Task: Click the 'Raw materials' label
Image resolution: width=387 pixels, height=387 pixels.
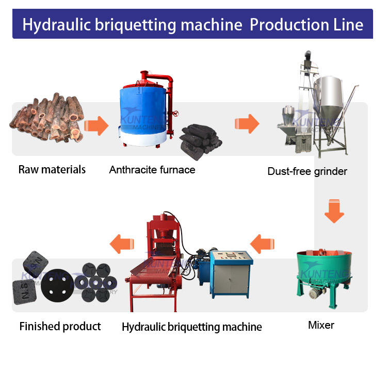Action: [52, 169]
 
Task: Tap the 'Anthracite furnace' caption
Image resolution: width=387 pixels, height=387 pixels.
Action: [152, 169]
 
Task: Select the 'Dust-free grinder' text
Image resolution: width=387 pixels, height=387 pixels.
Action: [307, 171]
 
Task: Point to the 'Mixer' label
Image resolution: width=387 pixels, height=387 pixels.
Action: [321, 325]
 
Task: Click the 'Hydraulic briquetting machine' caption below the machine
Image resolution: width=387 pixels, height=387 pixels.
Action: [191, 327]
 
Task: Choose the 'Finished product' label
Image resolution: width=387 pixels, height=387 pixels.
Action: [60, 326]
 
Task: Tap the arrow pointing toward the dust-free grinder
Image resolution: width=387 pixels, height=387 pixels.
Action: [247, 124]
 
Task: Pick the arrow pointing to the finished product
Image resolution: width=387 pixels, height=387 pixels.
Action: [122, 243]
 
